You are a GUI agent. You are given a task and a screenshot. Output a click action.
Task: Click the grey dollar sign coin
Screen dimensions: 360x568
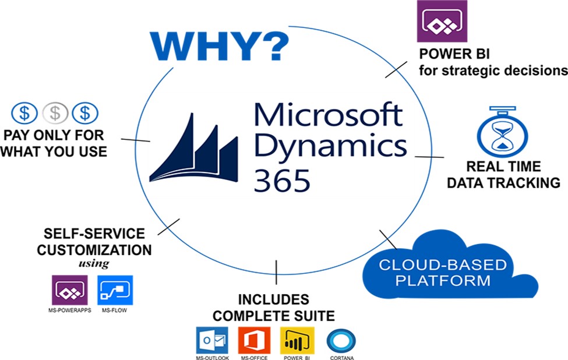[x=57, y=112]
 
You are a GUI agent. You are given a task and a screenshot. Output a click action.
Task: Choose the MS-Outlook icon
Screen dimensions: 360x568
[x=211, y=340]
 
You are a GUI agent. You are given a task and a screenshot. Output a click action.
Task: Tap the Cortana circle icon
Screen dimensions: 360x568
[x=341, y=341]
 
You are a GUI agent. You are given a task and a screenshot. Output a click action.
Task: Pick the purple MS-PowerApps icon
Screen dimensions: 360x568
[x=70, y=290]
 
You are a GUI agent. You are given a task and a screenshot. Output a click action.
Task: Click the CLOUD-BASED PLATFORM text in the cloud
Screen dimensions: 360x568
[x=443, y=273]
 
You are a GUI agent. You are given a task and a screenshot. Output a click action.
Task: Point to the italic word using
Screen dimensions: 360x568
[x=94, y=263]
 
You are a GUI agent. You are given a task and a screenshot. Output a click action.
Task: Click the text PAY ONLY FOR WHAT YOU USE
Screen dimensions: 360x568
[x=55, y=143]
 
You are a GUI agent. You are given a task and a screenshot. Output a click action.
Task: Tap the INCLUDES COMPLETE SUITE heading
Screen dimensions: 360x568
[x=273, y=308]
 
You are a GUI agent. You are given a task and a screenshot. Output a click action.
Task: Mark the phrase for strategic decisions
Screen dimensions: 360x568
[x=493, y=70]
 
